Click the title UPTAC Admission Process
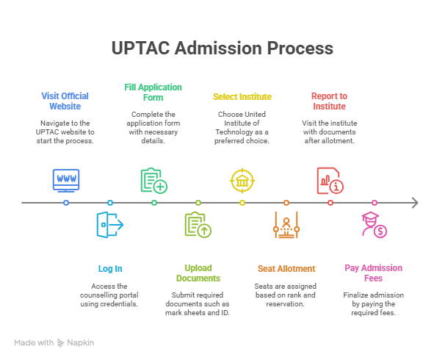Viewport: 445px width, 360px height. (x=222, y=49)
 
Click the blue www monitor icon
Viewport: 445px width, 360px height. (x=66, y=179)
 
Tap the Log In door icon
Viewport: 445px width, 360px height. (x=110, y=224)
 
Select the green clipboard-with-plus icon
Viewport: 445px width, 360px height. (x=153, y=180)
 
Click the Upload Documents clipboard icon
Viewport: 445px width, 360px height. (x=198, y=225)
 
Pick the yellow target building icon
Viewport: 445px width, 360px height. (x=242, y=180)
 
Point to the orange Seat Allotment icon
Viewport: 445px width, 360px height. (x=286, y=226)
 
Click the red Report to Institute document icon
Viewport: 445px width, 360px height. (x=330, y=180)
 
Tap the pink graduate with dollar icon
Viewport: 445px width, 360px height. (x=374, y=225)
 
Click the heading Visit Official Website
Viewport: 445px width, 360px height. (x=66, y=101)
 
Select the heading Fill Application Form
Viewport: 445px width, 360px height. (x=153, y=91)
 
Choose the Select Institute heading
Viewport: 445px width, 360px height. (x=242, y=96)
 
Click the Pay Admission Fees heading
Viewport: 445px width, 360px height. (x=374, y=273)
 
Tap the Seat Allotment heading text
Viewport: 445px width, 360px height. (x=286, y=269)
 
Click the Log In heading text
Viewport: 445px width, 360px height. (x=110, y=269)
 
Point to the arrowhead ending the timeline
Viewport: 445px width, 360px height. (x=415, y=203)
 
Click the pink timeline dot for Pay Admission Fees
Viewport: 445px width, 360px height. (x=374, y=203)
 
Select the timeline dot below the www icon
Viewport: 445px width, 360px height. (x=66, y=203)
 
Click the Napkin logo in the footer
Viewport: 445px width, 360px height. (x=76, y=342)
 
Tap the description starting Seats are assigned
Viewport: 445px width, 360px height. (x=286, y=294)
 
